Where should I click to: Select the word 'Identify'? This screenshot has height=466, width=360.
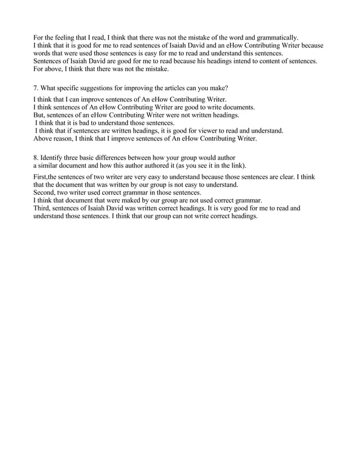tap(57, 157)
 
